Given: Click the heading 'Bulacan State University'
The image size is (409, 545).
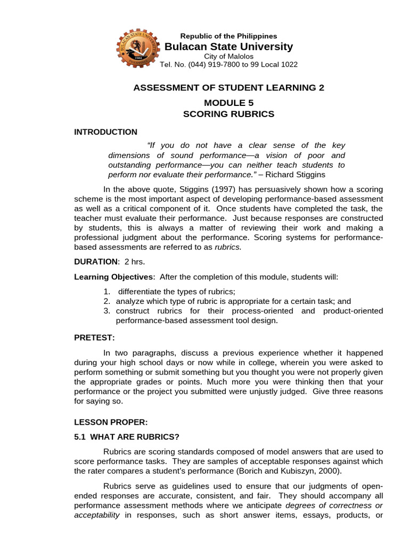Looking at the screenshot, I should [228, 47].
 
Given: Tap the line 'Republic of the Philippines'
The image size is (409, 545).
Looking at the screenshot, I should [228, 36].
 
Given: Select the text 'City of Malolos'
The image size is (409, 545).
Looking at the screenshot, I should [228, 56].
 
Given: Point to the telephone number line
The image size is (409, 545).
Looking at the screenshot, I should [228, 65].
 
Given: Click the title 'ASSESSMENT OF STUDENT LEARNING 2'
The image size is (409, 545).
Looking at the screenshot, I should [228, 87].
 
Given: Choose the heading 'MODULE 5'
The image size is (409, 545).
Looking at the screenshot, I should [228, 103].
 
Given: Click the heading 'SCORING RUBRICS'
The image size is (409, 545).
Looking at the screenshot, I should [228, 114].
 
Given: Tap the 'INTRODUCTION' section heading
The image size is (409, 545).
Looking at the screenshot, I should [105, 132].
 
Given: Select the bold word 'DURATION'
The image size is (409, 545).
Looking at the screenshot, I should [96, 261].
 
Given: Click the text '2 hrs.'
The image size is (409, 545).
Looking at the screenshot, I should [134, 261].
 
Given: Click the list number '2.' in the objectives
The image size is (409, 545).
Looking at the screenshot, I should [107, 301].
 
